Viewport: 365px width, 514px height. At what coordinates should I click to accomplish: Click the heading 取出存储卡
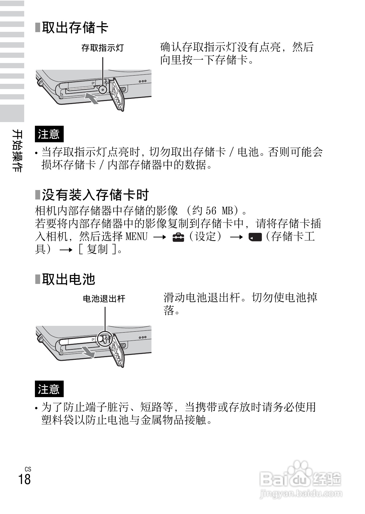(75, 28)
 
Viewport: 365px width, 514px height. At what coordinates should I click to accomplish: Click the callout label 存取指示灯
(102, 48)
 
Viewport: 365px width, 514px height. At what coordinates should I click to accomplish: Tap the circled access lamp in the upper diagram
(102, 89)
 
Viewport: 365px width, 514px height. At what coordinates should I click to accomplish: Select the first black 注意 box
(49, 134)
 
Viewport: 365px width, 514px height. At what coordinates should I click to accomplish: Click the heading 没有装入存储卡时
(95, 195)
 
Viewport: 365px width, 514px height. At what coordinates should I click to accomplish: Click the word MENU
(137, 237)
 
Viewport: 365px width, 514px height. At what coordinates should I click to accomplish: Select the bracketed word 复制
(97, 250)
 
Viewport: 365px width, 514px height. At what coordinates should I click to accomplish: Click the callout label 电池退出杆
(104, 299)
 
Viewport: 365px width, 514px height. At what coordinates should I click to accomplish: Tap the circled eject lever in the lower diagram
(104, 338)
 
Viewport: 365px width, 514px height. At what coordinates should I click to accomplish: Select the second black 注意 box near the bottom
(49, 389)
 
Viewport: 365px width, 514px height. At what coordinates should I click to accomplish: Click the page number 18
(24, 479)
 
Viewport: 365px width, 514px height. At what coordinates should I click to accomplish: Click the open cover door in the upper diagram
(117, 95)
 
